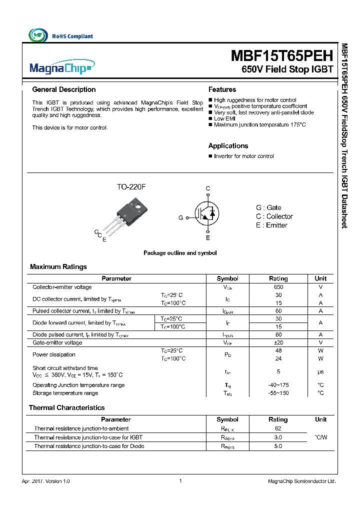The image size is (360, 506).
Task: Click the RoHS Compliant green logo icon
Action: coord(38,35)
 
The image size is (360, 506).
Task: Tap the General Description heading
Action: coord(64,89)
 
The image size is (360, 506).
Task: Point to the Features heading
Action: coord(222,89)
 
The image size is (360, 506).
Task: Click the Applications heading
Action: coord(228,146)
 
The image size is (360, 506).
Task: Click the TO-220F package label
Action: coord(131,186)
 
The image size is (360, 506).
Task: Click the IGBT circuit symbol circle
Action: coord(208,213)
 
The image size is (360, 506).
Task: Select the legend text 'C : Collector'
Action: coord(274,216)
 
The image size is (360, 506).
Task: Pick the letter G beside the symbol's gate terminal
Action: coord(181,218)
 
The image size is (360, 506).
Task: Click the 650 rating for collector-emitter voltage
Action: coord(278,287)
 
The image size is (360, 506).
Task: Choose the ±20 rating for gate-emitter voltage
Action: coord(278,342)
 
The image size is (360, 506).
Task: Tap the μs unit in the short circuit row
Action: coord(320,371)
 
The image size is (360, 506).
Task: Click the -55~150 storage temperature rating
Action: coord(278,393)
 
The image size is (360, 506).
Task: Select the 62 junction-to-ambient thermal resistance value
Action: coord(278,428)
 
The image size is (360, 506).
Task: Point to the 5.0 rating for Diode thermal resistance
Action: coord(278,445)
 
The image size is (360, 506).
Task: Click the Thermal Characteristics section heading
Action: coord(67,407)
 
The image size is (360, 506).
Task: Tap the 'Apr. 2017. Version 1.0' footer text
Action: coord(46,481)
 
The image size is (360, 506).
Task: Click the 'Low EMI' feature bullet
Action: coord(224,118)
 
